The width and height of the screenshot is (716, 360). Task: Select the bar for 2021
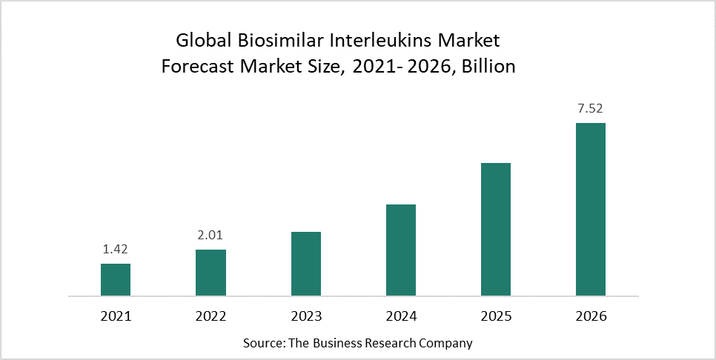point(116,280)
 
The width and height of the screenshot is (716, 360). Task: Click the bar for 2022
point(211,273)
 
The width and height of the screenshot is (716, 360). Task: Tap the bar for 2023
point(305,264)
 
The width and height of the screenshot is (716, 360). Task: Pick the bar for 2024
point(401,250)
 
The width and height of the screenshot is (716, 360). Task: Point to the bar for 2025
point(496,230)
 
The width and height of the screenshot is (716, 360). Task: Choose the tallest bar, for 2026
point(591,210)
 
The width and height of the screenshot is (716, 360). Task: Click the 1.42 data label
point(116,250)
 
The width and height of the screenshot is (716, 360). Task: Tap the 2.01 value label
point(211,236)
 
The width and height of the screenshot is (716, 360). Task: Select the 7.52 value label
point(591,109)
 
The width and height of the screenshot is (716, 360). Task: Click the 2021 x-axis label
point(116,316)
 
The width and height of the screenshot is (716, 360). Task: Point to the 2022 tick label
point(211,316)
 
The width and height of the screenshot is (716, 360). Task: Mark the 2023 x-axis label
point(305,316)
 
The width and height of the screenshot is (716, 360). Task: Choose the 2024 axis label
point(401,316)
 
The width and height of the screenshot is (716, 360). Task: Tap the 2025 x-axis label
point(496,316)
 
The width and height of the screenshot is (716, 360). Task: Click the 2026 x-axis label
point(591,316)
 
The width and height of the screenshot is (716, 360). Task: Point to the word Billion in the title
point(487,67)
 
